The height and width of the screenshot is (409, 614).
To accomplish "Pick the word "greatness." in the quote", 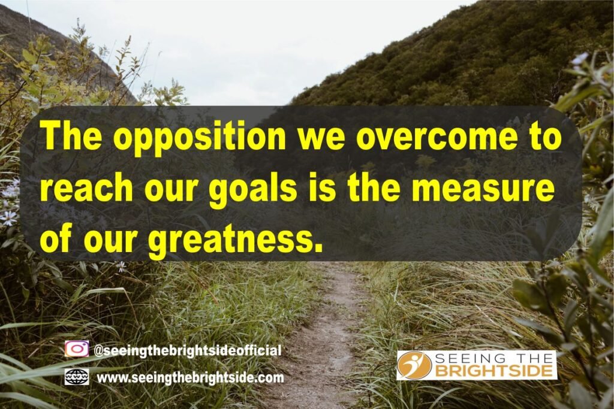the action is click(236, 240).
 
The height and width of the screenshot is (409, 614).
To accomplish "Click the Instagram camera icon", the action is click(77, 349).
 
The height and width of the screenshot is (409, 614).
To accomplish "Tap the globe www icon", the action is click(76, 377).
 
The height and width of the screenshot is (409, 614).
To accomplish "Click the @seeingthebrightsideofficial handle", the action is click(188, 350).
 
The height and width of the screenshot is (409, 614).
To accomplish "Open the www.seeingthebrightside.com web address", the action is click(190, 378).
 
